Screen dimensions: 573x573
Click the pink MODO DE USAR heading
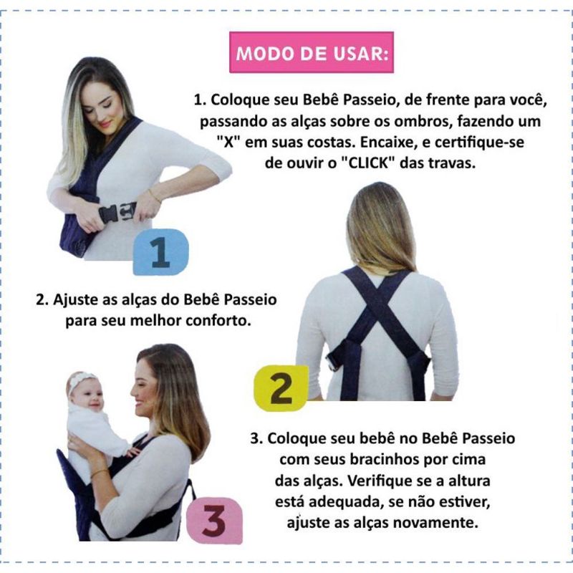pyautogui.click(x=312, y=52)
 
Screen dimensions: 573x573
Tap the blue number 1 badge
pyautogui.click(x=160, y=252)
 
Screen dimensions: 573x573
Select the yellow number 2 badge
pyautogui.click(x=281, y=388)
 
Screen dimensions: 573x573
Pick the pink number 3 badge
pyautogui.click(x=214, y=521)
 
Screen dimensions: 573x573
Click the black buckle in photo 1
pyautogui.click(x=117, y=212)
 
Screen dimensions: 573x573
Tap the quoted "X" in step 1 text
pyautogui.click(x=228, y=142)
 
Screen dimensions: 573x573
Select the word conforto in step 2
pyautogui.click(x=218, y=320)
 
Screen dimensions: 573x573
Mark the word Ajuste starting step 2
pyautogui.click(x=76, y=299)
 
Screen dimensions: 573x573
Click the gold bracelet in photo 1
pyautogui.click(x=155, y=196)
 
